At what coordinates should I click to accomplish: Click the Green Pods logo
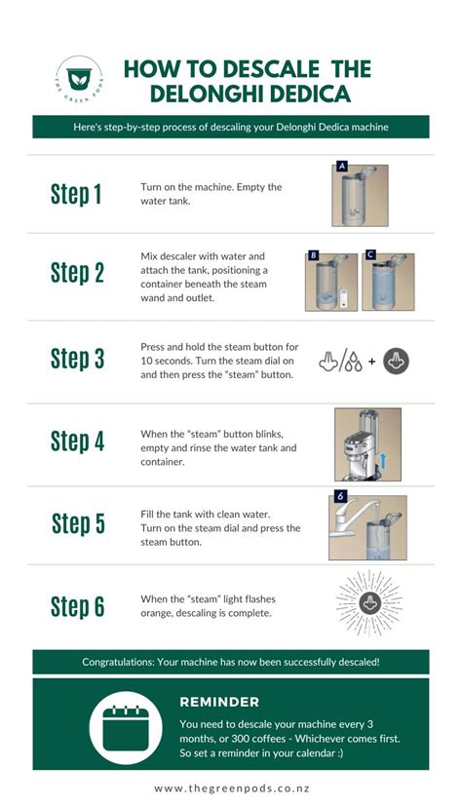click(x=79, y=79)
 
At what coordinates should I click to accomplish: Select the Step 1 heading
click(x=76, y=194)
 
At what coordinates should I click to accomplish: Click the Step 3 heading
click(x=77, y=359)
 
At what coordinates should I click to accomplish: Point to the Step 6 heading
click(x=77, y=606)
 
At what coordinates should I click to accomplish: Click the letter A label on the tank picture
click(x=341, y=166)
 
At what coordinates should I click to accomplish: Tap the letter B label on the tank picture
click(x=313, y=255)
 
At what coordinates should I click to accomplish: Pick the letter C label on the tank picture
click(x=369, y=254)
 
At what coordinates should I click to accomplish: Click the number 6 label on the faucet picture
click(x=340, y=497)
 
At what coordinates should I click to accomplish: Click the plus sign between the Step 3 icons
click(x=372, y=362)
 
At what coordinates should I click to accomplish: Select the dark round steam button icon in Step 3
click(x=396, y=361)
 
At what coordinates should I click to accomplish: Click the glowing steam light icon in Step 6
click(x=368, y=602)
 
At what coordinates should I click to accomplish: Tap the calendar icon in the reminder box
click(x=125, y=727)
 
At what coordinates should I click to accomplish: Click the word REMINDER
click(x=219, y=702)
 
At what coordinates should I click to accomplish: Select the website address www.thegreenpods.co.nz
click(x=232, y=789)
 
